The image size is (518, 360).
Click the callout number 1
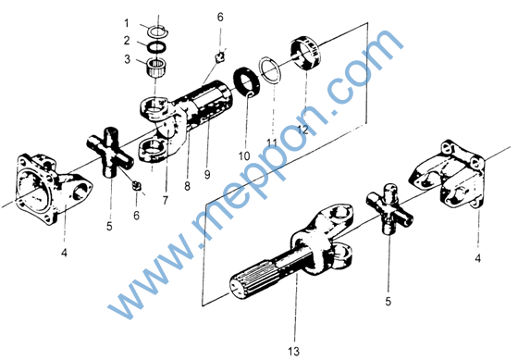click(x=126, y=23)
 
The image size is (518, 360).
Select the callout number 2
click(x=127, y=41)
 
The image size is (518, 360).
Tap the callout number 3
click(x=128, y=59)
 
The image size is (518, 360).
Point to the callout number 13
click(x=293, y=351)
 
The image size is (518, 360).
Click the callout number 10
click(x=244, y=156)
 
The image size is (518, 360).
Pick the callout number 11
click(x=272, y=143)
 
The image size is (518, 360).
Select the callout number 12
click(x=302, y=129)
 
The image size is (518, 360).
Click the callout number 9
click(x=207, y=175)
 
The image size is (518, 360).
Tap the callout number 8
click(x=187, y=186)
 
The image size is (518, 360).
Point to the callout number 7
click(x=166, y=200)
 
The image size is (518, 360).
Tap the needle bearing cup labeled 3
click(x=155, y=68)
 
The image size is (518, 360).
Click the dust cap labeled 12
click(x=305, y=54)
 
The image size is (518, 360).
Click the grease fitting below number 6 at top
click(x=220, y=56)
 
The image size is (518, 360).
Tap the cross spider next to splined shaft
click(x=389, y=209)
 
